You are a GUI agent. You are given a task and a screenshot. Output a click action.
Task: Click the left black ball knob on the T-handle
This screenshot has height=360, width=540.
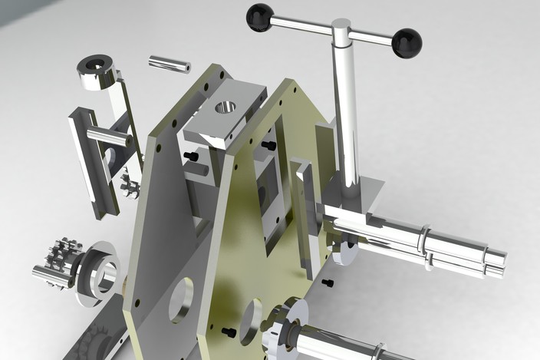259,17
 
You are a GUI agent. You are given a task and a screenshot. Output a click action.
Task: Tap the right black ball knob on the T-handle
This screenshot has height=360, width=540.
407,43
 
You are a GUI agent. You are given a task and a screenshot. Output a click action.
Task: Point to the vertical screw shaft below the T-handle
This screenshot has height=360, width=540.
346,115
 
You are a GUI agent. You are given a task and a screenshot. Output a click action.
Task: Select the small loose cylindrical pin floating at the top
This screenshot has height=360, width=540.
169,64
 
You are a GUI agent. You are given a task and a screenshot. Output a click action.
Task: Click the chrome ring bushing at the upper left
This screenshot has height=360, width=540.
97,71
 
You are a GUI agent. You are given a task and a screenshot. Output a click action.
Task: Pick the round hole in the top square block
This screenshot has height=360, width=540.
225,107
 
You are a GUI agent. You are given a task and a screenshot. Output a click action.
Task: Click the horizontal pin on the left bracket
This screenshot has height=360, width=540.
108,137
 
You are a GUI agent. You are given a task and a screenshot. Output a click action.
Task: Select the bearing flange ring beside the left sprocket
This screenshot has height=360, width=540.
100,269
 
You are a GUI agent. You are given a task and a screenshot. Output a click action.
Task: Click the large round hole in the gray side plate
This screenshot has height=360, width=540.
181,299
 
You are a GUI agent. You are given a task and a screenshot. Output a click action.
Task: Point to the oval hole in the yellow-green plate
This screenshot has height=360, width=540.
250,321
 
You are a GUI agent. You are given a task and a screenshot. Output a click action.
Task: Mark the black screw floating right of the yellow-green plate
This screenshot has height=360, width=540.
328,283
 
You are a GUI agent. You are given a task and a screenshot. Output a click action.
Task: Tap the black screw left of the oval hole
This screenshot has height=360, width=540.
229,332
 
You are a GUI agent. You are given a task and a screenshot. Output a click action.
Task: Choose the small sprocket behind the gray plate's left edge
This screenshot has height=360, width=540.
128,185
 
